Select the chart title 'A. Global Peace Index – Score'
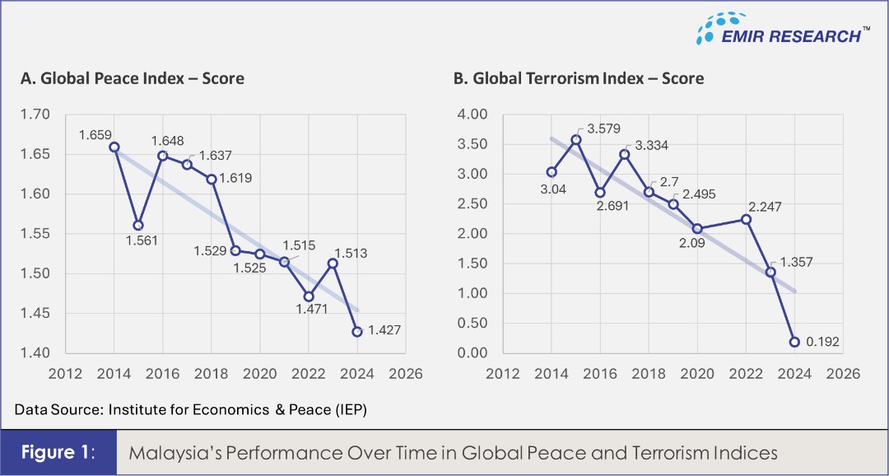(x=132, y=78)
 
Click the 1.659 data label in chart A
(x=95, y=134)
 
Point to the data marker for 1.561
(x=138, y=225)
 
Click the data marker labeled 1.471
(x=309, y=296)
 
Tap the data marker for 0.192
(x=794, y=342)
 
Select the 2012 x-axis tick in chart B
(x=503, y=373)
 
